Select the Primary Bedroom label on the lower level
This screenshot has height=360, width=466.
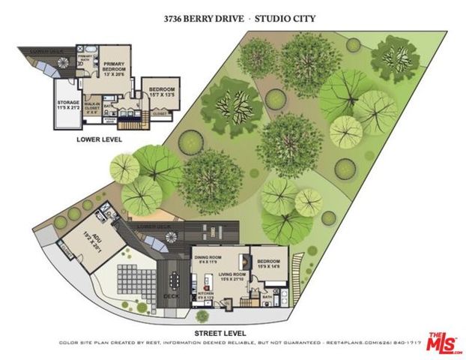tap(118, 68)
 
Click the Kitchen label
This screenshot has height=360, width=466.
tap(203, 295)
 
